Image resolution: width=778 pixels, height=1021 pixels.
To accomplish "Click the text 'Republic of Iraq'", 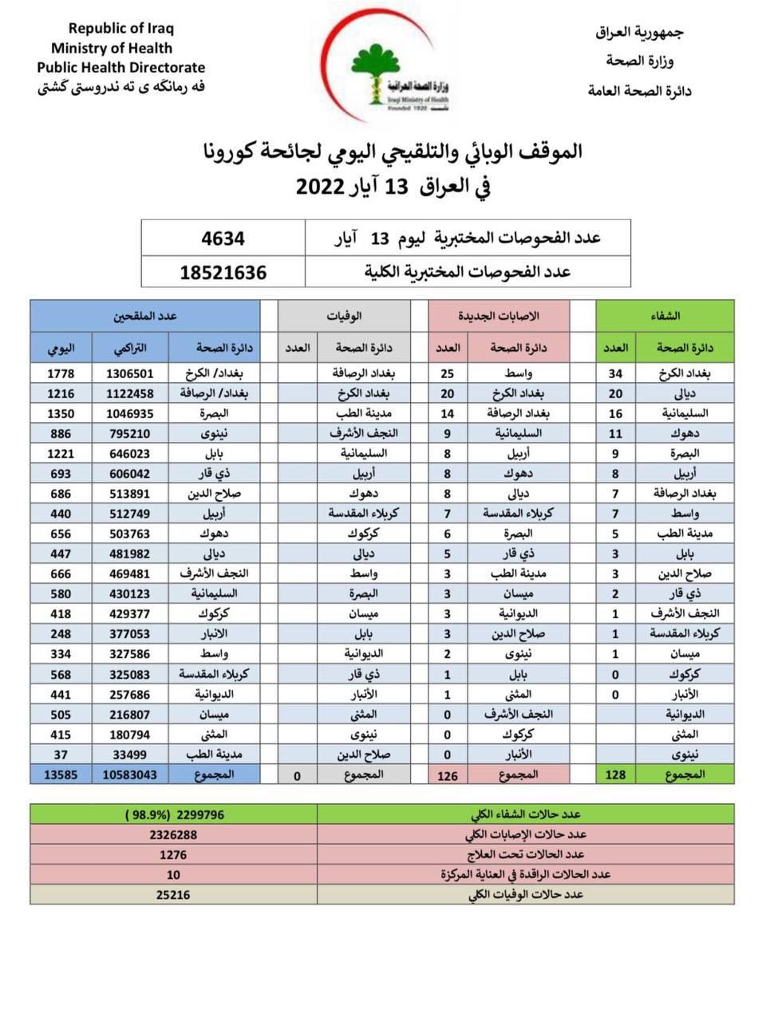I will point(120,29).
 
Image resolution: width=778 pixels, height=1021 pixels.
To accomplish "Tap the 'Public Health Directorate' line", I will point(120,68).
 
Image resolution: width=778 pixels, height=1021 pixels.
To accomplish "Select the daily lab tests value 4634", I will point(223,238).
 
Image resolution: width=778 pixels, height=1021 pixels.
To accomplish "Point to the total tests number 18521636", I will point(223,272).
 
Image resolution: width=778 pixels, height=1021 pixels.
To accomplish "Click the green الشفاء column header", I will point(665,316).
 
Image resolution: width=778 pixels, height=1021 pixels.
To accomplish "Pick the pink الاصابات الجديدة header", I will point(499,316).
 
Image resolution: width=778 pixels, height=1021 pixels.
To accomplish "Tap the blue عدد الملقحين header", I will point(144,316).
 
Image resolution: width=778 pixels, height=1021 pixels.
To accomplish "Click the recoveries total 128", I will point(615,774).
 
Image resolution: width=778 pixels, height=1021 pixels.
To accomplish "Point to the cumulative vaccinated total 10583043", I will point(130,774).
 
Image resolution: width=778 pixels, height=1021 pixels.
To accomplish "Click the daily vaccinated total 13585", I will point(61,774).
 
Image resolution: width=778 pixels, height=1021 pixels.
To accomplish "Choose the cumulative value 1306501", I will point(130,373).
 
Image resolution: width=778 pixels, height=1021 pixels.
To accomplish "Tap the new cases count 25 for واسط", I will point(448,373).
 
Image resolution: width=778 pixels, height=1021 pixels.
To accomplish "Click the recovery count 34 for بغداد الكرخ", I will point(615,373).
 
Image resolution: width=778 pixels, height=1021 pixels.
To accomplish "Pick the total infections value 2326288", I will point(173,834).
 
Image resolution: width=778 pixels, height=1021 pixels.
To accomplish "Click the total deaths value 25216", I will point(173,895).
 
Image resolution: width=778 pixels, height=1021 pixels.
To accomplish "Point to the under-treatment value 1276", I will point(173,854).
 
